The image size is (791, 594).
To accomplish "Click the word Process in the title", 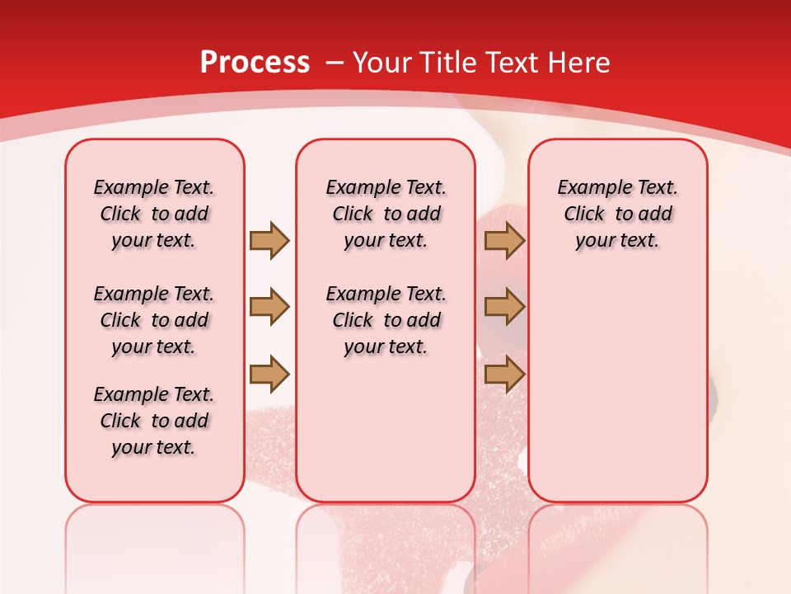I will pyautogui.click(x=255, y=63).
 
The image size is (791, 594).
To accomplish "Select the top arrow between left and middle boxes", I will pyautogui.click(x=269, y=240).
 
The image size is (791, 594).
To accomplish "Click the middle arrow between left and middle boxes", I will pyautogui.click(x=269, y=307).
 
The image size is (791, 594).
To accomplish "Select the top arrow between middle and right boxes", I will pyautogui.click(x=504, y=240).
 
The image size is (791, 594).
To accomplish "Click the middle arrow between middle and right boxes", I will pyautogui.click(x=504, y=307).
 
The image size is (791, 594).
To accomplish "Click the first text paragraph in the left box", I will pyautogui.click(x=154, y=214).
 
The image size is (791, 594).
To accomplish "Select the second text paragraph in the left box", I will pyautogui.click(x=154, y=320).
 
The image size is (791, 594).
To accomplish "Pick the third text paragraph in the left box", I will pyautogui.click(x=154, y=421).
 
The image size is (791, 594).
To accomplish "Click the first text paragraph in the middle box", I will pyautogui.click(x=386, y=214).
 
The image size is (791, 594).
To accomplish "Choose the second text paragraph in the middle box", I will pyautogui.click(x=386, y=320).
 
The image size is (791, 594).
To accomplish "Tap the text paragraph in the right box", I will pyautogui.click(x=617, y=214).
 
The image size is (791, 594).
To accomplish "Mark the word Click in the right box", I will pyautogui.click(x=584, y=214).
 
